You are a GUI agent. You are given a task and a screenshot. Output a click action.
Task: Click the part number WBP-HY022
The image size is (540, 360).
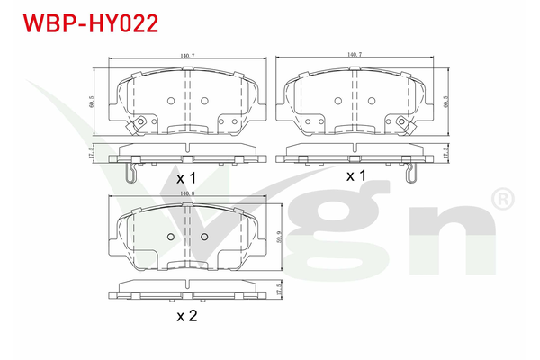point(83,22)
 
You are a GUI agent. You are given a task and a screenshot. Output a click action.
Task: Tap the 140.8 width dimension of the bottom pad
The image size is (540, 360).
point(186,193)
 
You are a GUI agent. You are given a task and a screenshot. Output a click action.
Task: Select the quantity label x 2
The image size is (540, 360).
point(186,316)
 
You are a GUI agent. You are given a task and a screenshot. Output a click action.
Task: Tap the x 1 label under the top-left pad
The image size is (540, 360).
point(186,178)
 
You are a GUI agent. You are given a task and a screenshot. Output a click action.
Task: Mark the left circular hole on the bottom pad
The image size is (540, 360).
point(170,237)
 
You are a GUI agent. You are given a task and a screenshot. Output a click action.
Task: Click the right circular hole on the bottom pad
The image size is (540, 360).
point(204,237)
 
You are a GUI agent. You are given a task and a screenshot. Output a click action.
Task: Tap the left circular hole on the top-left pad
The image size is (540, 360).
point(170,101)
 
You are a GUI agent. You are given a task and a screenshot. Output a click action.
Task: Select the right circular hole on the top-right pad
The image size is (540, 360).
point(373,101)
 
